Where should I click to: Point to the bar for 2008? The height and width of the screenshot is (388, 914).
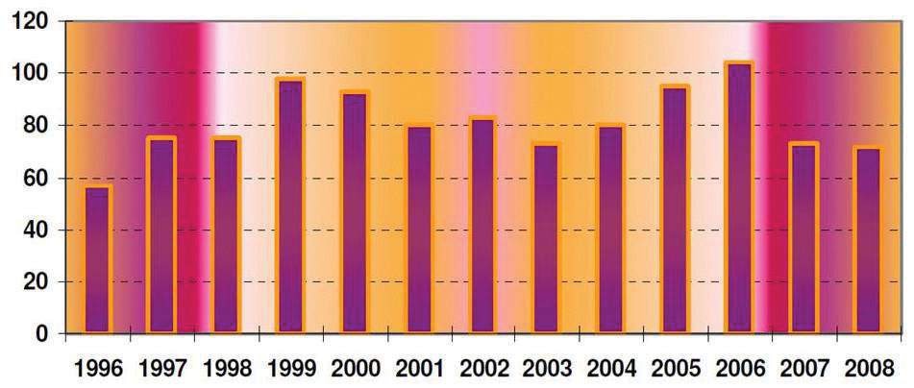tap(868, 240)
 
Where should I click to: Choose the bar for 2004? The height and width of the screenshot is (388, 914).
tap(610, 230)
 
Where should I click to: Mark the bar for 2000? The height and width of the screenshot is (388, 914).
tap(355, 212)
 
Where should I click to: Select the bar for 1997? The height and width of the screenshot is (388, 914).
tap(161, 235)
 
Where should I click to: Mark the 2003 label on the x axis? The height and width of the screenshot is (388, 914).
tap(547, 367)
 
